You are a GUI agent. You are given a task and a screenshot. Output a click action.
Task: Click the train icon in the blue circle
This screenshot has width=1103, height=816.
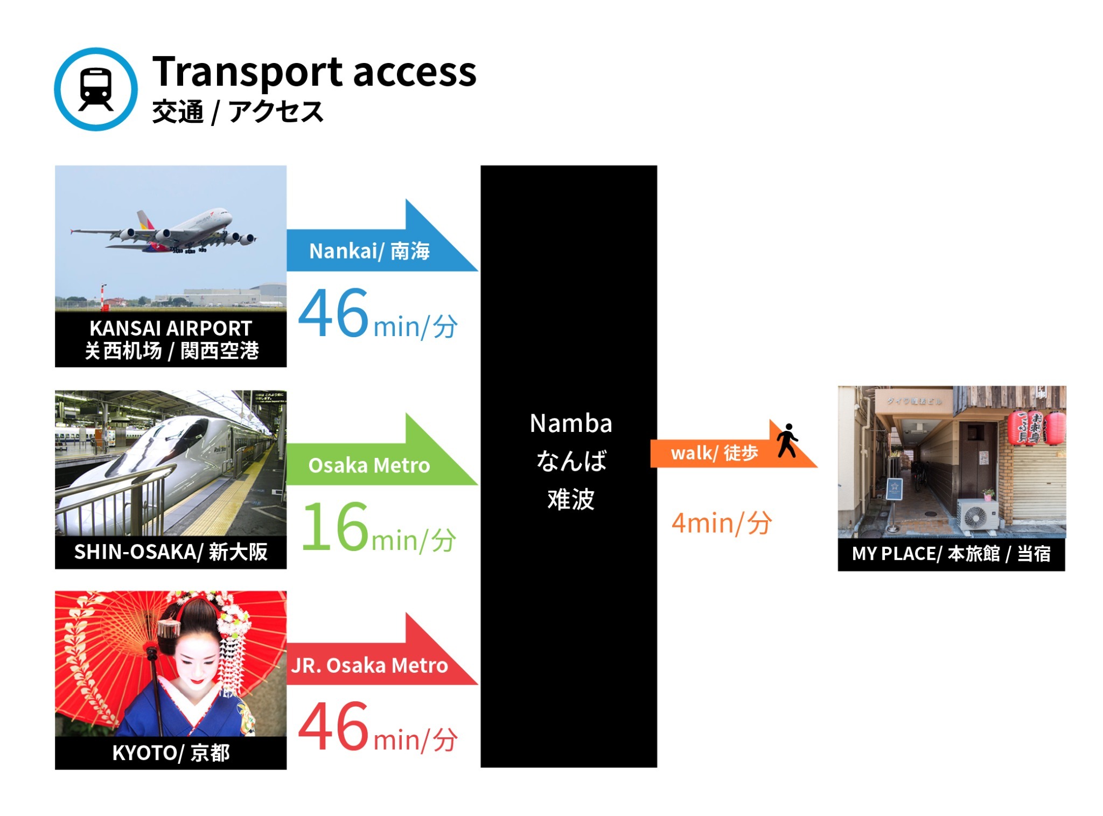tap(96, 89)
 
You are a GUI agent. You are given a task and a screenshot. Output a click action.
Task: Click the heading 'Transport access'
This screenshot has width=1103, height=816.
tap(314, 72)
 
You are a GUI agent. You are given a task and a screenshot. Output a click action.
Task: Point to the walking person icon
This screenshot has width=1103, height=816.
tap(787, 441)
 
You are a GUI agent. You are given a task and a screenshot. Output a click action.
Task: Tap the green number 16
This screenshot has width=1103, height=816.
tap(335, 527)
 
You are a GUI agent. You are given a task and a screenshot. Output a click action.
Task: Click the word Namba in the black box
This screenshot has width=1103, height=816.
tap(570, 423)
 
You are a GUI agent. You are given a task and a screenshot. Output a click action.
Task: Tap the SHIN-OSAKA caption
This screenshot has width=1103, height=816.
tap(171, 552)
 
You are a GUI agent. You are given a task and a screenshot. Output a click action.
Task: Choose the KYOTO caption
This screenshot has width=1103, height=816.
tap(171, 752)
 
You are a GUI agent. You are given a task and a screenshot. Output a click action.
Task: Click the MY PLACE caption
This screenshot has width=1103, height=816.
tap(951, 553)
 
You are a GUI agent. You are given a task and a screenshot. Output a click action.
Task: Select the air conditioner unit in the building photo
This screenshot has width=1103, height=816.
tap(976, 515)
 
